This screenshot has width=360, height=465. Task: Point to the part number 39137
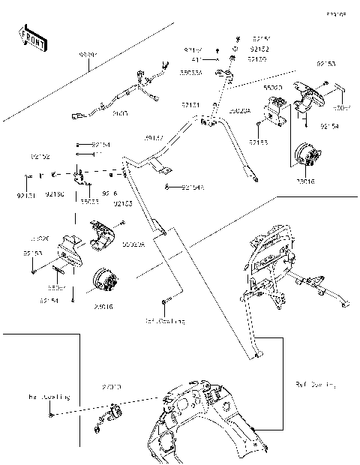(154, 138)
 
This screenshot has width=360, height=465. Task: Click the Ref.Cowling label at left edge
(49, 396)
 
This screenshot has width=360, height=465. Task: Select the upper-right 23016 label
(305, 181)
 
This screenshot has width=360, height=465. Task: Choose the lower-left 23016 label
(104, 306)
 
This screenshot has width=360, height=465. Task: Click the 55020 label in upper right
(273, 88)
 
